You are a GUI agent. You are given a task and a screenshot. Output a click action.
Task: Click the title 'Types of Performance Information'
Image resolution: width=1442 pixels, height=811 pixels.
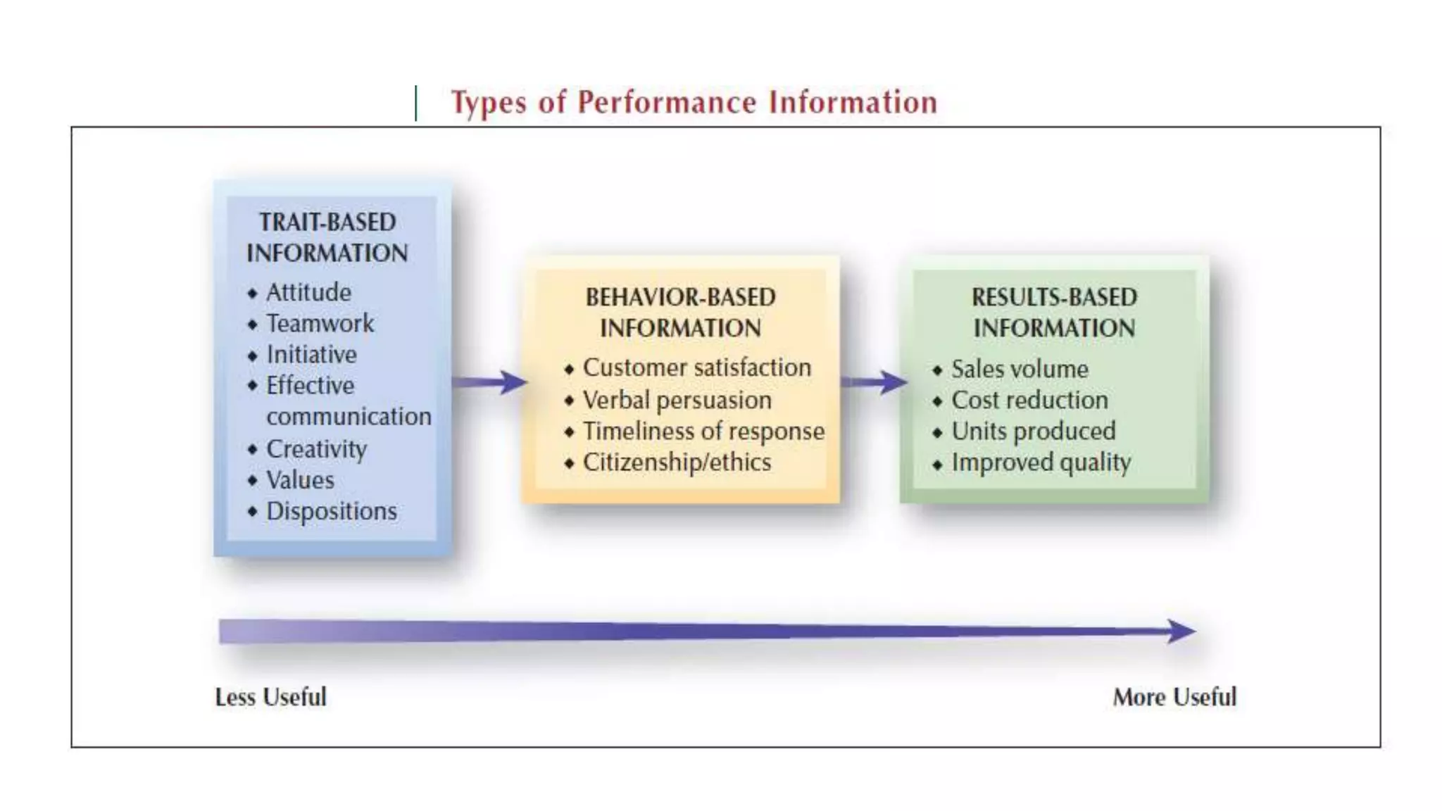(x=694, y=103)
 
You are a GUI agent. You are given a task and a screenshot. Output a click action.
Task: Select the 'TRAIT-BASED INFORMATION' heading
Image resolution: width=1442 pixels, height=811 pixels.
(x=327, y=238)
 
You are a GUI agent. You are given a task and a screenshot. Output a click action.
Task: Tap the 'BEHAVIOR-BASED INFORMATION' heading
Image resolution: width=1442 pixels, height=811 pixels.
(x=680, y=313)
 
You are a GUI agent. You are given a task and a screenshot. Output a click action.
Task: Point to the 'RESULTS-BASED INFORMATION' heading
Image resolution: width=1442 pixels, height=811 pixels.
(x=1054, y=313)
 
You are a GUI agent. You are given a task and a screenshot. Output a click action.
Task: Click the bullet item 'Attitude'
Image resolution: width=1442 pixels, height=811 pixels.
(x=308, y=292)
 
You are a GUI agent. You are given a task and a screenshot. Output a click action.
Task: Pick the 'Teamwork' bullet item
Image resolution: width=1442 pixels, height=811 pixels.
(x=320, y=323)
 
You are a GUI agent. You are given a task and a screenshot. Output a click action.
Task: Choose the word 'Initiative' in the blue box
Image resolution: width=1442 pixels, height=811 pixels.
(x=311, y=354)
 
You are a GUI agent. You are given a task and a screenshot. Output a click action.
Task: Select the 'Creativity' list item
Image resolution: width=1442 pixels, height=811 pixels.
(x=316, y=448)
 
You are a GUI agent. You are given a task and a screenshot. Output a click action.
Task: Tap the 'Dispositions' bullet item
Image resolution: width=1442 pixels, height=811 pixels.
(x=331, y=511)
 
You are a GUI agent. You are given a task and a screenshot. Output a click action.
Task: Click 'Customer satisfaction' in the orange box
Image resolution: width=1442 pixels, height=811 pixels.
(x=696, y=367)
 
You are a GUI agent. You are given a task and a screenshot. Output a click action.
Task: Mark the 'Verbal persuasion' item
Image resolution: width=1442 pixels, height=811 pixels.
(x=677, y=400)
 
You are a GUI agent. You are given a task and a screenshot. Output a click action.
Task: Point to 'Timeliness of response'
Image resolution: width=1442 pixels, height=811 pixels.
(x=703, y=431)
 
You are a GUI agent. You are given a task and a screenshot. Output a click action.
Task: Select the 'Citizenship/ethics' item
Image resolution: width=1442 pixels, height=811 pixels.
(x=677, y=463)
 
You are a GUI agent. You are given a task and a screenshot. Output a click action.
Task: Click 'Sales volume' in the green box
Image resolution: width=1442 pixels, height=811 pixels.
(x=1020, y=369)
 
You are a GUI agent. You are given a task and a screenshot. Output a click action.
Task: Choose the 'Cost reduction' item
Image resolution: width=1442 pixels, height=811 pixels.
(x=1029, y=400)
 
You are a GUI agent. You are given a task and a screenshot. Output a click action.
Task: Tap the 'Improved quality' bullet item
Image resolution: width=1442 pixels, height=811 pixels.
(x=1041, y=463)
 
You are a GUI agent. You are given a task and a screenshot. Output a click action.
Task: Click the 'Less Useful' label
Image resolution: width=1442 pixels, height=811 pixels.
(x=270, y=697)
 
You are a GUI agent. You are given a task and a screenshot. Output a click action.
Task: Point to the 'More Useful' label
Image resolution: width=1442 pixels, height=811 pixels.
(x=1174, y=697)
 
